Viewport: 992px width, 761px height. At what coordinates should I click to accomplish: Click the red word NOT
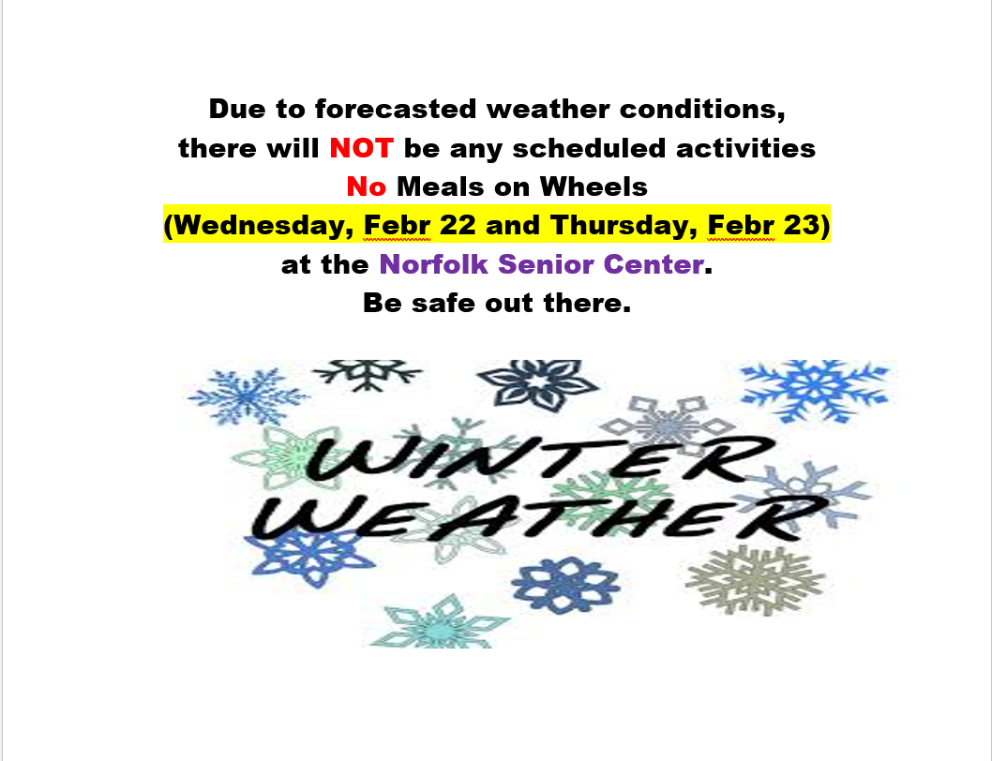click(361, 148)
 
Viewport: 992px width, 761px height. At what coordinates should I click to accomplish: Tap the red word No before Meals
click(367, 187)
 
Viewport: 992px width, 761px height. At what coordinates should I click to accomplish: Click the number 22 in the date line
click(457, 225)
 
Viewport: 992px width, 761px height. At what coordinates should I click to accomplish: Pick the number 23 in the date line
click(801, 225)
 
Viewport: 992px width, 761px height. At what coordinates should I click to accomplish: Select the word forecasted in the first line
click(396, 109)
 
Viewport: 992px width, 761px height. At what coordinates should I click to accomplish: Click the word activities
click(746, 148)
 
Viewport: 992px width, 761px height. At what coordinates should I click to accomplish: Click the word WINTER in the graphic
click(538, 456)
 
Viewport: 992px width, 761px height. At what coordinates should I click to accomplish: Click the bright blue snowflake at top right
click(815, 390)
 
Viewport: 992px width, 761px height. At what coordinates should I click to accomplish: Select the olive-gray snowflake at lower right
click(755, 580)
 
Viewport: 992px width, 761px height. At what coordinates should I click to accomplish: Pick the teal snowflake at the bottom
click(439, 623)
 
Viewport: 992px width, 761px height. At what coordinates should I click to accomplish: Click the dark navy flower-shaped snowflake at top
click(538, 384)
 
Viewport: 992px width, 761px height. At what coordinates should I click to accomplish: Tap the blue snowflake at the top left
click(247, 396)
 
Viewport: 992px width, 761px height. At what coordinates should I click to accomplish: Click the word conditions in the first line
click(702, 109)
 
